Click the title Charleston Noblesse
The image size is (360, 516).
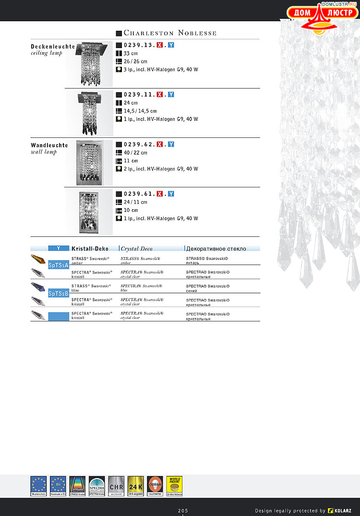tap(170, 33)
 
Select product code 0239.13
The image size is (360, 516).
tap(139, 45)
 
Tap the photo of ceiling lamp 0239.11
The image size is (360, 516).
tap(89, 112)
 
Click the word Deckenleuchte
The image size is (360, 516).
tap(53, 47)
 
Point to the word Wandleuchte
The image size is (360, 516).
tap(49, 145)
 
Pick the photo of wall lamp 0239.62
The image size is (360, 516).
tap(90, 163)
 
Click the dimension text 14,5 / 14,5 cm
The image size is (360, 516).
tap(140, 111)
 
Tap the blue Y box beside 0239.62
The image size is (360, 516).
tap(171, 144)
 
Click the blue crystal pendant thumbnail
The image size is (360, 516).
tap(39, 287)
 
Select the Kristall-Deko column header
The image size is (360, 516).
tap(90, 248)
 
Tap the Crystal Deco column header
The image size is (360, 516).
tap(136, 248)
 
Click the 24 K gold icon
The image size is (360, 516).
tap(136, 486)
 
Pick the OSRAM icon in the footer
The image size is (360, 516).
tap(155, 486)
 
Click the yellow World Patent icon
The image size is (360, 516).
tap(174, 486)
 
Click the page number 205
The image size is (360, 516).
tap(183, 510)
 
